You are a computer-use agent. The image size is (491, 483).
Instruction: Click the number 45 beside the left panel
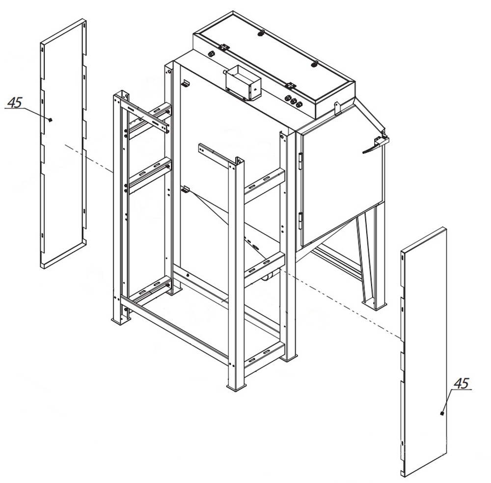[x=15, y=102]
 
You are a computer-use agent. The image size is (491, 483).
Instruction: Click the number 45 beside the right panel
[x=462, y=384]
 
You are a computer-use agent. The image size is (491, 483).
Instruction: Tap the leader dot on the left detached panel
[x=50, y=119]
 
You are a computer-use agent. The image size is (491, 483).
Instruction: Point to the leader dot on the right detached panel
[x=442, y=414]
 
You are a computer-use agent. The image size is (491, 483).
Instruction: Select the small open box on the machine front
[x=243, y=82]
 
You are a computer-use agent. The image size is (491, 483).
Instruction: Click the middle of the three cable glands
[x=293, y=101]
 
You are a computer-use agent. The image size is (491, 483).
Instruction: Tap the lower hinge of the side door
[x=301, y=220]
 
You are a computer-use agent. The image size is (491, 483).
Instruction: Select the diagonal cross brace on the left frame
[x=145, y=115]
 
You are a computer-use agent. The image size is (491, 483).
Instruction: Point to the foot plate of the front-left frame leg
[x=121, y=321]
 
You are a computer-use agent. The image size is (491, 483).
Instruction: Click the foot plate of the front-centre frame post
[x=237, y=387]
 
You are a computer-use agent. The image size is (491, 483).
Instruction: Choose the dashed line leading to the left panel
[x=89, y=159]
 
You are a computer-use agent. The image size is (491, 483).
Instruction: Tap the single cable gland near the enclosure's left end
[x=212, y=54]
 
